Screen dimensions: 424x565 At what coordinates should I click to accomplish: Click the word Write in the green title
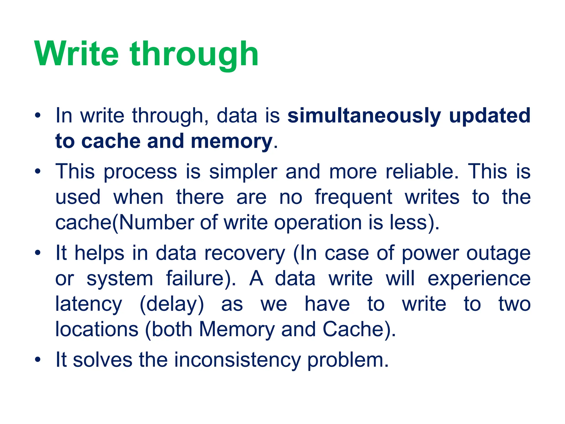coord(77,54)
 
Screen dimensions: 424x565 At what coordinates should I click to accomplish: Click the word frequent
coord(353,198)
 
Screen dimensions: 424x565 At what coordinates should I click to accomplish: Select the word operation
coord(318,223)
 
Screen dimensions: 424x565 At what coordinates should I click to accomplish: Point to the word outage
coord(498,253)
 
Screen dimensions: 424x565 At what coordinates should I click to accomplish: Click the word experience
coord(479,279)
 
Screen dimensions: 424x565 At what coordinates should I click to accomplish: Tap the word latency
coord(89,304)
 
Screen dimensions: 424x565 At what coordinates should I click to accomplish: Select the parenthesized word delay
coord(172,304)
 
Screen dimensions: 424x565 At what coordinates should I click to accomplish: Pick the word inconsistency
coord(237,360)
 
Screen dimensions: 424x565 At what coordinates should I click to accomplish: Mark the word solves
coord(103,360)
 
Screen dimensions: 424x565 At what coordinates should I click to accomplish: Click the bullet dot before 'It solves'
coord(38,360)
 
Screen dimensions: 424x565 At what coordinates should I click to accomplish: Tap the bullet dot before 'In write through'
coord(38,115)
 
